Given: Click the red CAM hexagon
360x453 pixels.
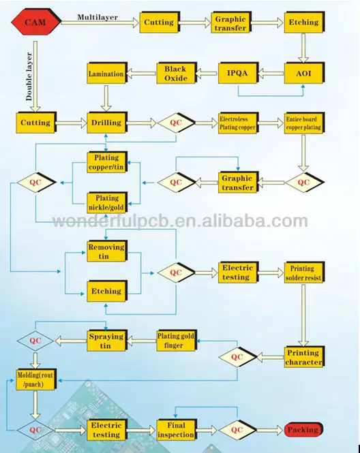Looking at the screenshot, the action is point(36,22).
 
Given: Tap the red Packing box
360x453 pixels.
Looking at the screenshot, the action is point(303,430).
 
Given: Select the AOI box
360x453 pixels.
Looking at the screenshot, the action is point(304,74).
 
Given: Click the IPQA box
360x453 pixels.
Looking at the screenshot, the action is point(238,74).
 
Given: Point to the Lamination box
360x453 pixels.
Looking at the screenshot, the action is point(107,74).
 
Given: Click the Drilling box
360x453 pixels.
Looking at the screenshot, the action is point(107,123).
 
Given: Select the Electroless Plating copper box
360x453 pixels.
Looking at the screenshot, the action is point(238,123).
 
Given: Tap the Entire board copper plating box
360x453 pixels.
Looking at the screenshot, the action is point(304,123).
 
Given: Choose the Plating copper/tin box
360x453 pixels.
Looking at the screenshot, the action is point(107,162).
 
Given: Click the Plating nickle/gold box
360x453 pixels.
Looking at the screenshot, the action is point(107,203).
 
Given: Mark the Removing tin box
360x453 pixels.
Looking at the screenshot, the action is point(107,251).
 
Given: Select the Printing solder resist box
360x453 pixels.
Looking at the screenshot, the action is point(304,272).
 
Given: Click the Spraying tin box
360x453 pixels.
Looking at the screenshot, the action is point(107,341).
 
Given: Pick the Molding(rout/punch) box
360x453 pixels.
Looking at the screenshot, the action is point(36,379).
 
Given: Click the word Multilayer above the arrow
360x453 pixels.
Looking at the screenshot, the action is point(97,17).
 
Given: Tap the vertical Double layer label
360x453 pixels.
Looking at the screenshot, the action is point(29,76).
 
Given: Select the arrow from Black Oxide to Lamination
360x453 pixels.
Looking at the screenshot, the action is point(142,74).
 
